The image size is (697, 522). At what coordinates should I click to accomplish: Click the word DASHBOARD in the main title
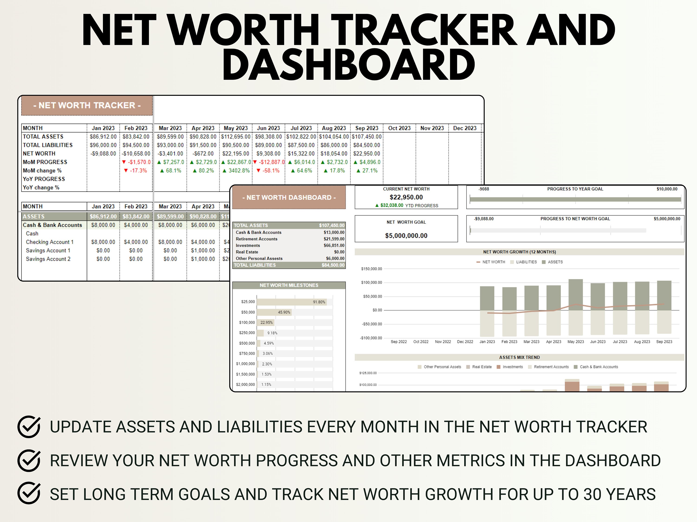348,65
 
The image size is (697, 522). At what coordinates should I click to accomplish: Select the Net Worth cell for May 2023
236,154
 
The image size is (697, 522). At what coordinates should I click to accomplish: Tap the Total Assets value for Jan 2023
103,137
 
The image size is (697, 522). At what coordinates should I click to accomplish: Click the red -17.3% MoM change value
136,171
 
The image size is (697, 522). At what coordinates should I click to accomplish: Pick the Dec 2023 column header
464,128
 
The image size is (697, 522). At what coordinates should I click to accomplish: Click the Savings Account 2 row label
48,259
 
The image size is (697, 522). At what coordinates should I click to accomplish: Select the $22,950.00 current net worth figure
406,197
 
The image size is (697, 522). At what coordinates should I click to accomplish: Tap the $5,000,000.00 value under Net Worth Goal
406,236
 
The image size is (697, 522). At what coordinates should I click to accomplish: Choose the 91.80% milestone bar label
319,302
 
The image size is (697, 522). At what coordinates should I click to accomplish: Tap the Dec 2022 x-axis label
465,342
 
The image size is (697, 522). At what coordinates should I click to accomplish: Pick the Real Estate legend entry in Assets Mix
481,367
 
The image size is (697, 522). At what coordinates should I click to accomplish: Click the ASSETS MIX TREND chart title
519,358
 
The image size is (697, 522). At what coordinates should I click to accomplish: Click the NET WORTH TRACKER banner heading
87,105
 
